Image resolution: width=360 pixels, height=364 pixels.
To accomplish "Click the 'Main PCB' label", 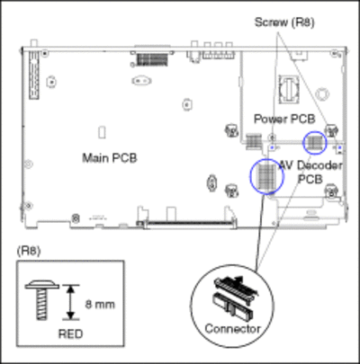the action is [110, 158].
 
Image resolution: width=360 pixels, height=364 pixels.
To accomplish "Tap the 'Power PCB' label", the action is [284, 119].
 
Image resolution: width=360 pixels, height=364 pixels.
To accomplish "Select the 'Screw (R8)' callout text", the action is [284, 22].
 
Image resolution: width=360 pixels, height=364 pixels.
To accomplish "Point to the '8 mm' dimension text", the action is [100, 305].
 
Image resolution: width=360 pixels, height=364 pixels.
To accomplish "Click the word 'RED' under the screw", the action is [70, 333].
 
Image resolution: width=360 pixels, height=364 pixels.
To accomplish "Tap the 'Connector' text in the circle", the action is [232, 329].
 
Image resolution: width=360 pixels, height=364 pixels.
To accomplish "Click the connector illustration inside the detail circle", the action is [235, 297].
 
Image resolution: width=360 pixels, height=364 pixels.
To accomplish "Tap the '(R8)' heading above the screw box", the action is [29, 251].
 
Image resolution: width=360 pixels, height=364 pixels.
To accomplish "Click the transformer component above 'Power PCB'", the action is [289, 89].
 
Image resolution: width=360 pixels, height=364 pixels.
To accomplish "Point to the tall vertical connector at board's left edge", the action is [34, 75].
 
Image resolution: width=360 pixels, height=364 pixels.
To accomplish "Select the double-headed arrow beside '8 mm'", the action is [70, 302].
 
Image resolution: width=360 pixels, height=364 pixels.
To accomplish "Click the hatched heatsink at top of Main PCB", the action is [152, 59].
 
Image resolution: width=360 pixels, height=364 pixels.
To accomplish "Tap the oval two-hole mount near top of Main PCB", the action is [141, 81].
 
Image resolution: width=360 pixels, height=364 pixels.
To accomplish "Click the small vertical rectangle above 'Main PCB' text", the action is [103, 132].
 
